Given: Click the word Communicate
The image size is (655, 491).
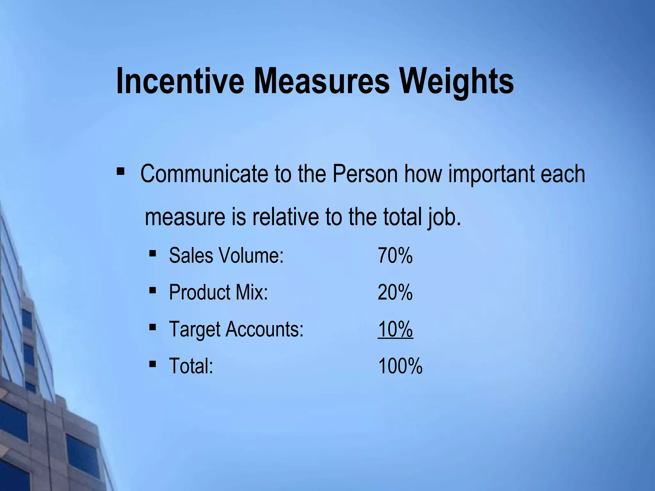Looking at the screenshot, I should click(204, 174).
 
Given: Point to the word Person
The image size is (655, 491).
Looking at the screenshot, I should click(365, 174).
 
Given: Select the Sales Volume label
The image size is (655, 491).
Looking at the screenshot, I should click(226, 255).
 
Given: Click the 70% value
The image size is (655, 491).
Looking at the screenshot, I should click(395, 255).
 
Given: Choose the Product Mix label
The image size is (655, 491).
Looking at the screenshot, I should click(218, 292).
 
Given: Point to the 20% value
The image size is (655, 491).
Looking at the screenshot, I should click(395, 292).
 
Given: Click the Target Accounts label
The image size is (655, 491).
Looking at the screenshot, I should click(236, 329).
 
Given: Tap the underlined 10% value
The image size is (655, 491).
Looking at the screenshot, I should click(395, 329).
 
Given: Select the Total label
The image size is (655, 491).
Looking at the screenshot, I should click(191, 366).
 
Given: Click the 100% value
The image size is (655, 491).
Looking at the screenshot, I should click(400, 366).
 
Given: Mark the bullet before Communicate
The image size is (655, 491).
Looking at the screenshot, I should click(121, 172).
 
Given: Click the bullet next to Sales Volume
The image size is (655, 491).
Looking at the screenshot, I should click(153, 254).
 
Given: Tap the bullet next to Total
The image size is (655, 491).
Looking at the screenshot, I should click(153, 364).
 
